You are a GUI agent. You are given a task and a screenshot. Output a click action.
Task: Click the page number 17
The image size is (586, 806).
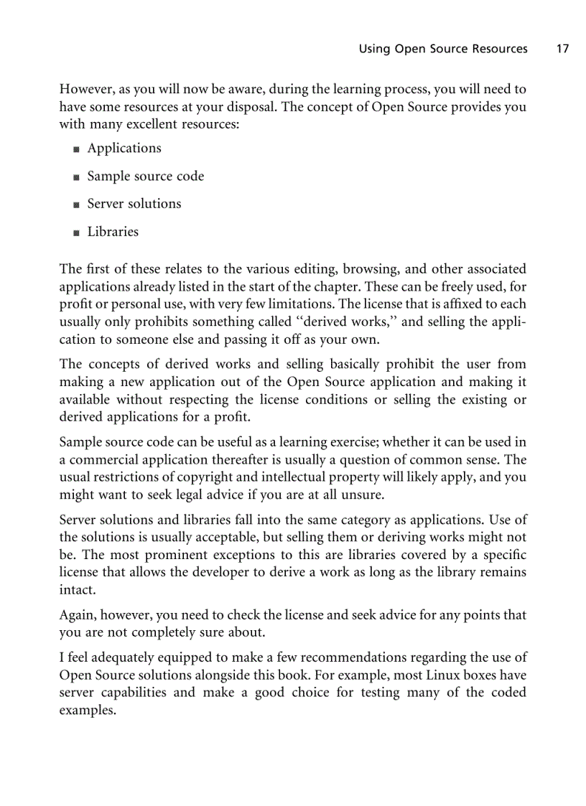pos(562,49)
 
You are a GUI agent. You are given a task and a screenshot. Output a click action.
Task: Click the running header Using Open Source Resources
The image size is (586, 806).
pos(442,49)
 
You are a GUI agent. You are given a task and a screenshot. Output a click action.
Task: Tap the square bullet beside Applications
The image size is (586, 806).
pos(76,149)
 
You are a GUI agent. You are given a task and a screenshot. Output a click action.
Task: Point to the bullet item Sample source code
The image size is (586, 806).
pos(146,176)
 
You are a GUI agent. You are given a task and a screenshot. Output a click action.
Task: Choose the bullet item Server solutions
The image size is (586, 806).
pos(134,204)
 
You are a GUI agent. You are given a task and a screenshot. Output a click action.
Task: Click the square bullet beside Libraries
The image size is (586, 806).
pos(76,233)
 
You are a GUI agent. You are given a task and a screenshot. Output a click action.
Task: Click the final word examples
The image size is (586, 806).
pos(86,710)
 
